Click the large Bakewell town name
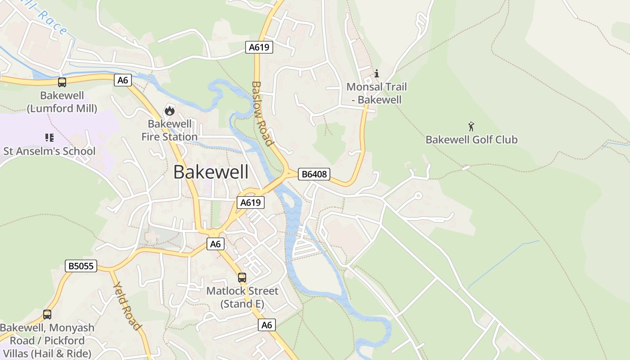click(211, 172)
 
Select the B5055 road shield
click(81, 266)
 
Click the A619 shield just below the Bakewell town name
click(250, 202)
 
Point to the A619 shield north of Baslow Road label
click(259, 47)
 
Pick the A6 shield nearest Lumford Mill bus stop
click(123, 81)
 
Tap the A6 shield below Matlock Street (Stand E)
click(267, 325)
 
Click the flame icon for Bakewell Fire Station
click(169, 110)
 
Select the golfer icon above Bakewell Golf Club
click(471, 126)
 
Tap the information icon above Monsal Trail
click(377, 73)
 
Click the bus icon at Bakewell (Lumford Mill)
click(62, 82)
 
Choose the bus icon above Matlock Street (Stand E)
click(242, 278)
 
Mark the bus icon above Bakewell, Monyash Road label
click(47, 315)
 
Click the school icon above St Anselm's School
click(49, 138)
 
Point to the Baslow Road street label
click(262, 114)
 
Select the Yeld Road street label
click(127, 306)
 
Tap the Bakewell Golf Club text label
click(471, 140)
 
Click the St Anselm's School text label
click(49, 151)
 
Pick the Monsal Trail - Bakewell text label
click(377, 94)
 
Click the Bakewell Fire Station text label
click(169, 130)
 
